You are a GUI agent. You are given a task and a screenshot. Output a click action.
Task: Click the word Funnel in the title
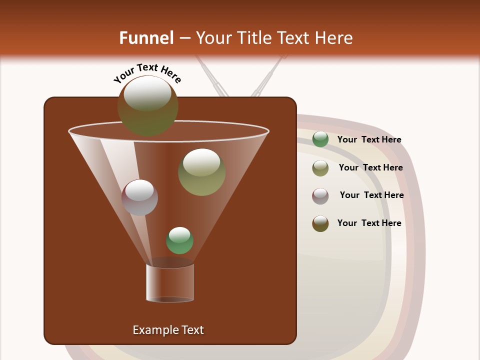tap(146, 38)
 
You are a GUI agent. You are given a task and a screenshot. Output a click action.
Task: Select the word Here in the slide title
tap(334, 38)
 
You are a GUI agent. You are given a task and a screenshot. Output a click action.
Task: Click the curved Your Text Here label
tap(147, 72)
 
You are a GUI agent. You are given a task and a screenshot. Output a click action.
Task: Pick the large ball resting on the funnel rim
tap(147, 105)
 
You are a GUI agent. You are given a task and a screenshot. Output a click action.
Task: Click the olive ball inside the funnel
tap(201, 171)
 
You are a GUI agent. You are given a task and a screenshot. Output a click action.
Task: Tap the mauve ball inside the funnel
tap(139, 197)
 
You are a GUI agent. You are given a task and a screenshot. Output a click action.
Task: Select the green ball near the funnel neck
tap(179, 240)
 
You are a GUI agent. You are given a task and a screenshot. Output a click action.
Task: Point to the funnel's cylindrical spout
tap(170, 283)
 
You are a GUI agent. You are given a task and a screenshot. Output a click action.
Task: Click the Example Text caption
tap(168, 330)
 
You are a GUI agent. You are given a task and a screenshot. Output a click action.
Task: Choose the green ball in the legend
tap(320, 139)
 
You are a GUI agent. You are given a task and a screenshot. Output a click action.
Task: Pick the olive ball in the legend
tap(320, 168)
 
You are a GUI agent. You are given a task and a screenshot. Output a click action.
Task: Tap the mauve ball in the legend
tap(320, 195)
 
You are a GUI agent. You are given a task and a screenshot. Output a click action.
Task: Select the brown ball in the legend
tap(320, 223)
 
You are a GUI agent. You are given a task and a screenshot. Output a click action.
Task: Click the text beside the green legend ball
tap(369, 140)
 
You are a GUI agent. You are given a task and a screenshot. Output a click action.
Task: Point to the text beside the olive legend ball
tap(370, 168)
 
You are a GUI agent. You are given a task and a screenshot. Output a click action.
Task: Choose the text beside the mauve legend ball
tap(371, 195)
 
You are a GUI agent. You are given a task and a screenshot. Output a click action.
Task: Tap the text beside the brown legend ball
tap(369, 223)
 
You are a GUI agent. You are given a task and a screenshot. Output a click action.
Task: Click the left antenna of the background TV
tap(212, 77)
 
